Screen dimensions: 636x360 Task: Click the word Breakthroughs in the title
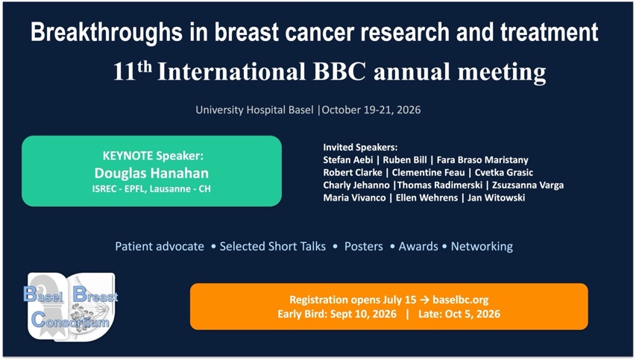(x=107, y=33)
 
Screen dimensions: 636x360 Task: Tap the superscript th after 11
(x=145, y=66)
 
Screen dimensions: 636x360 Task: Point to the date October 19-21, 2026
(x=371, y=110)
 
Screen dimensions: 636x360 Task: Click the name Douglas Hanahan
(x=151, y=173)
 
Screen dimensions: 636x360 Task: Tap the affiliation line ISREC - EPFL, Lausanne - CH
(x=151, y=189)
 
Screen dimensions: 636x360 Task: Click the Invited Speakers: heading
(x=360, y=147)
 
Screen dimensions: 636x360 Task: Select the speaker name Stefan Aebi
(x=348, y=160)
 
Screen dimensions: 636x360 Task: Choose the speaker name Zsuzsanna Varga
(x=528, y=186)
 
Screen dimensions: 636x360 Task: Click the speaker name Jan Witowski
(x=496, y=198)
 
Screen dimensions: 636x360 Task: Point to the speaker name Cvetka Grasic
(x=504, y=172)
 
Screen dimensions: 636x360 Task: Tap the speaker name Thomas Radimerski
(x=440, y=186)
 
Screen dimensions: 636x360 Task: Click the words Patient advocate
(x=160, y=247)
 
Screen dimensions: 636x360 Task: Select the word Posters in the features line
(x=363, y=247)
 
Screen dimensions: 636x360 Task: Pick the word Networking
(x=482, y=247)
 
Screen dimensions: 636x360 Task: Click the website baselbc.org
(x=460, y=300)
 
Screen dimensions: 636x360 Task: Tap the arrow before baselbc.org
(x=424, y=300)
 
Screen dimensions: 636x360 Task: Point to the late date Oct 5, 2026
(x=473, y=315)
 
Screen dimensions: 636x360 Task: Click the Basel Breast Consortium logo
(x=71, y=306)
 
